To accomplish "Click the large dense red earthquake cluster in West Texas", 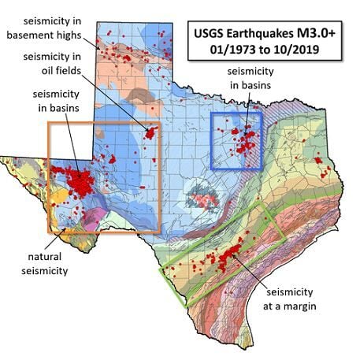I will point(79,183).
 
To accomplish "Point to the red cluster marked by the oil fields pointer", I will point(150,132).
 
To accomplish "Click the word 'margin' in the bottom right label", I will point(299,306).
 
